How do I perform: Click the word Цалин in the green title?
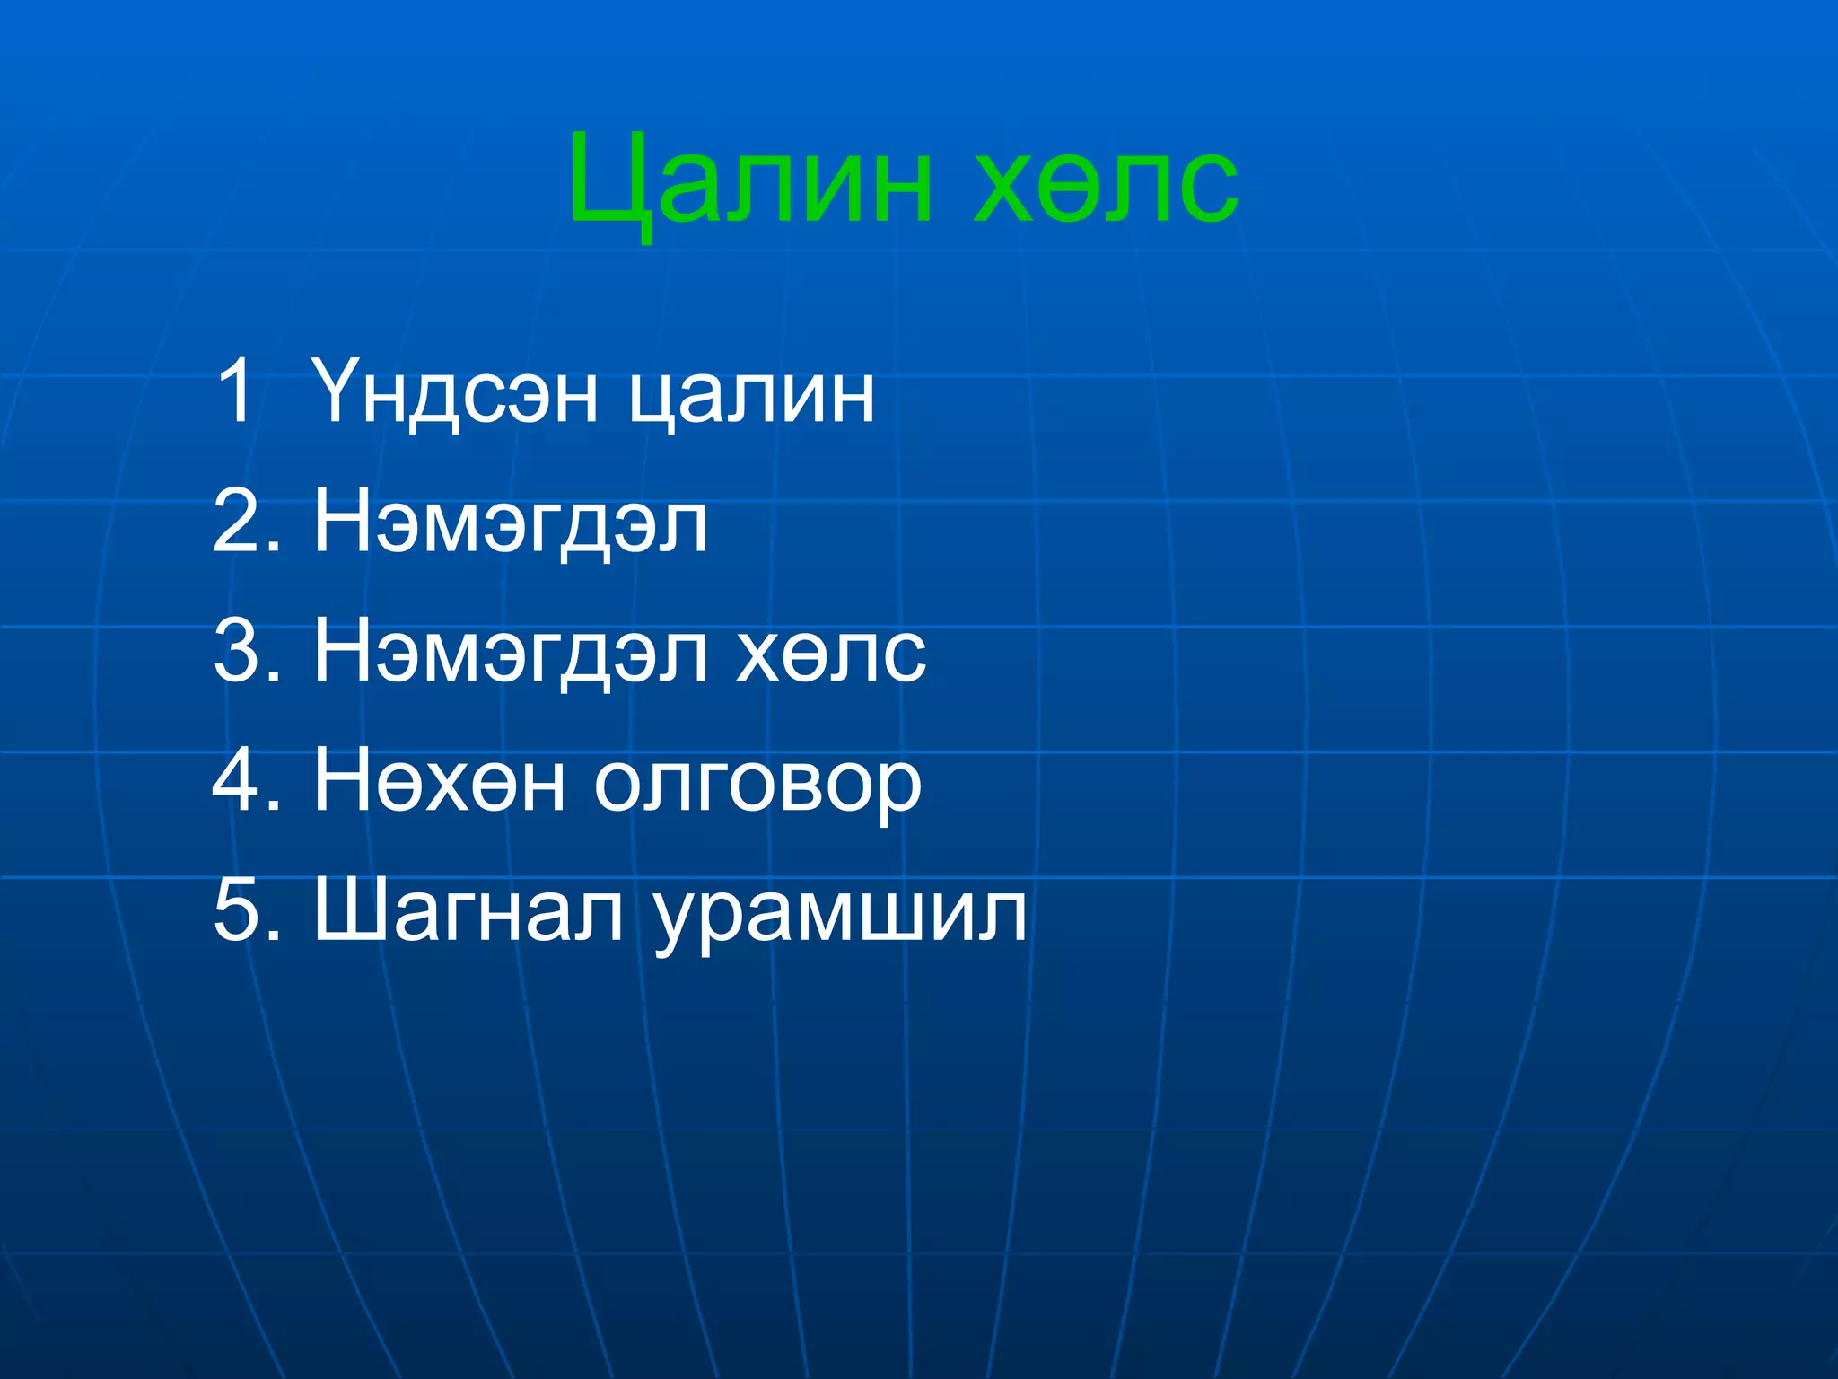tap(750, 180)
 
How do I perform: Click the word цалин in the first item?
tap(750, 395)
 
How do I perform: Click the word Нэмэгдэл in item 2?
tap(510, 524)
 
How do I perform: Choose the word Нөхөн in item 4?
tap(439, 782)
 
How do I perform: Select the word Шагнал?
tap(468, 911)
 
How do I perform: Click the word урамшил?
tap(840, 916)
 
